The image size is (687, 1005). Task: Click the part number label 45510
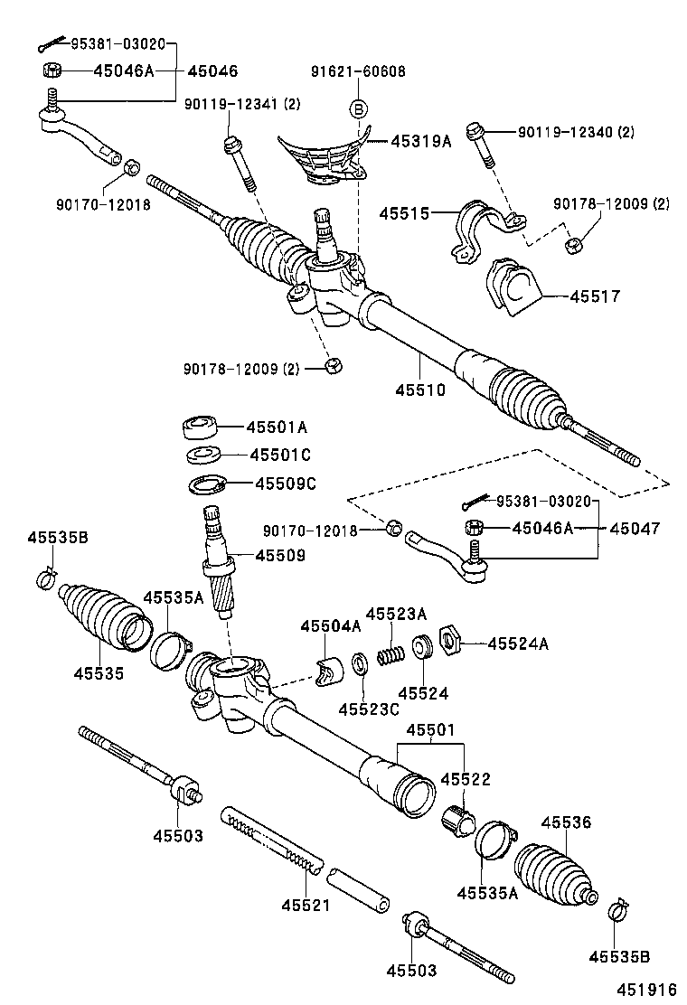click(x=419, y=390)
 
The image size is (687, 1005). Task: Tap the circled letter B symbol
click(x=358, y=109)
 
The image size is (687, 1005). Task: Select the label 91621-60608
click(x=358, y=72)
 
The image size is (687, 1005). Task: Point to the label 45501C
click(x=279, y=455)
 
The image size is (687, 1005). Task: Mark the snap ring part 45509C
click(x=207, y=484)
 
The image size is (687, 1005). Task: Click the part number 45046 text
click(x=212, y=71)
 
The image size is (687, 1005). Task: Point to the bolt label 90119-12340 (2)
click(x=576, y=132)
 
